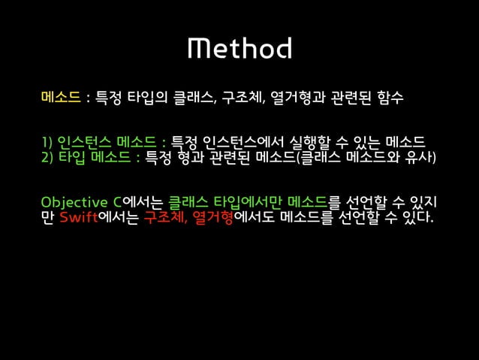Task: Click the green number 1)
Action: tap(48, 143)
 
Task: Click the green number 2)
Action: tap(48, 157)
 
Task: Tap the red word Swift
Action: tap(78, 219)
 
